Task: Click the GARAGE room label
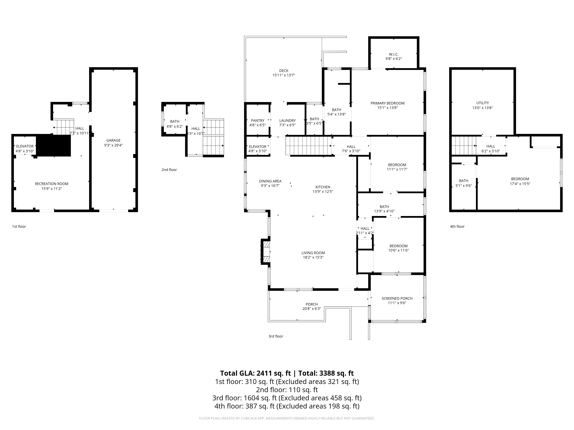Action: click(113, 140)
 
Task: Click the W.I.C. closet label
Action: click(393, 54)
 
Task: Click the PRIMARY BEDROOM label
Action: click(387, 103)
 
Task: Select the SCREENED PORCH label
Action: click(397, 298)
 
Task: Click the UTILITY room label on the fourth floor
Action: click(482, 103)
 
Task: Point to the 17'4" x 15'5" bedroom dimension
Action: click(520, 184)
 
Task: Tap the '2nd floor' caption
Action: click(169, 170)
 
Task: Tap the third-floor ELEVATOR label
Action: click(257, 146)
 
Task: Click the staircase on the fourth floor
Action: click(464, 145)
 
